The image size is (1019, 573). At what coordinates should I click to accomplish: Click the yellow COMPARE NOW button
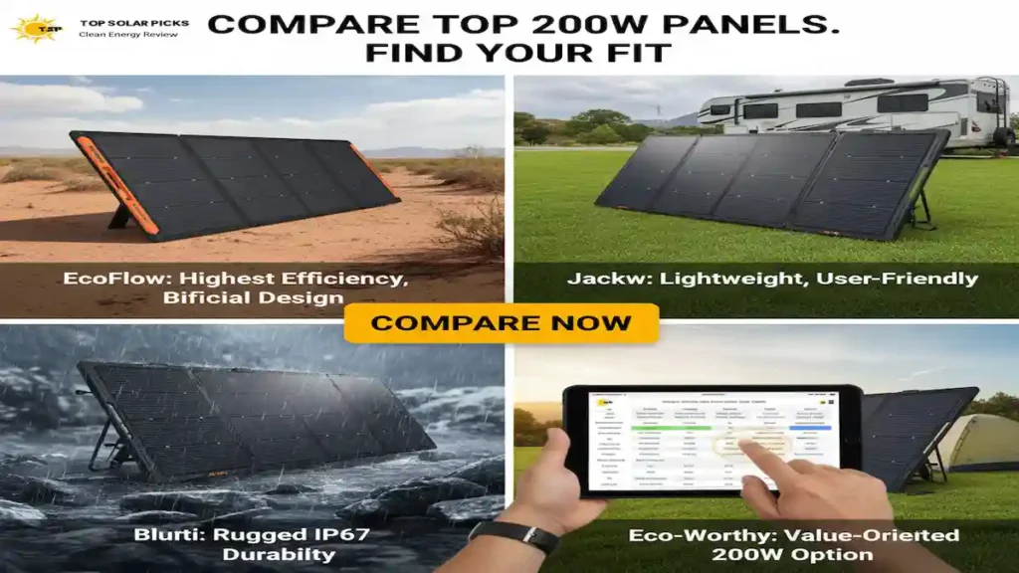pyautogui.click(x=501, y=323)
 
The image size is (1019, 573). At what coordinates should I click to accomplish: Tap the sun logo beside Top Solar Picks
pyautogui.click(x=33, y=27)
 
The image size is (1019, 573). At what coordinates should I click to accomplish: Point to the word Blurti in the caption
pyautogui.click(x=168, y=535)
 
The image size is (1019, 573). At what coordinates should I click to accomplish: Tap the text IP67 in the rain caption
pyautogui.click(x=339, y=535)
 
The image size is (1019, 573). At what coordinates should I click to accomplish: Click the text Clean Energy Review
pyautogui.click(x=127, y=35)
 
